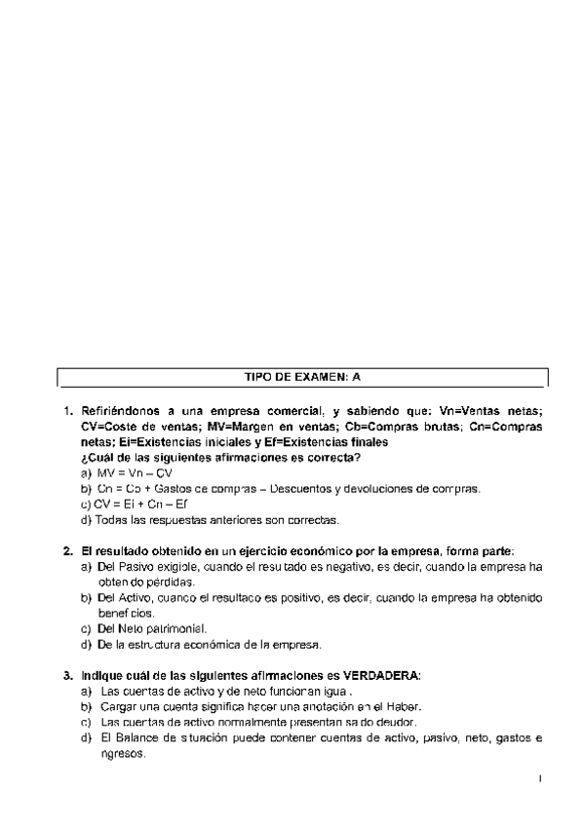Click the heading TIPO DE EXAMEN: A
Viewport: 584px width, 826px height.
click(x=302, y=375)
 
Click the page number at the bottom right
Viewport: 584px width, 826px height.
click(x=539, y=778)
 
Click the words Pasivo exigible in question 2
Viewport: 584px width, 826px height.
click(x=151, y=566)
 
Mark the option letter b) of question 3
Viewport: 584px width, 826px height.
click(x=87, y=706)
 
